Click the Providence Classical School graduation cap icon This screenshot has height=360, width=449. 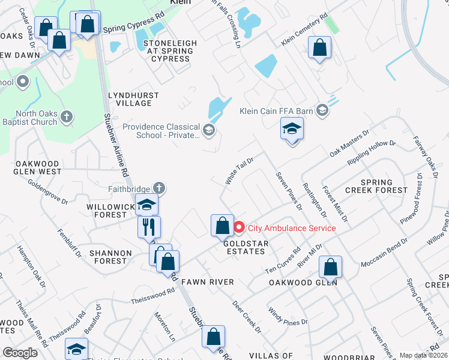coord(209,130)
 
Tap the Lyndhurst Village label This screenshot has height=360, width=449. coord(133,99)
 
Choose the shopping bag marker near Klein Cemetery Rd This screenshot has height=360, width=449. coord(319,47)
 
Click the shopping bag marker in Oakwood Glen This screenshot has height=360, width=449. coord(330,266)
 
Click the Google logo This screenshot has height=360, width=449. coord(20,352)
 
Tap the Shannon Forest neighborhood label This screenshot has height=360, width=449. coord(108,257)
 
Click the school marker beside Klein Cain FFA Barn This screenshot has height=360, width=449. coord(292,130)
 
